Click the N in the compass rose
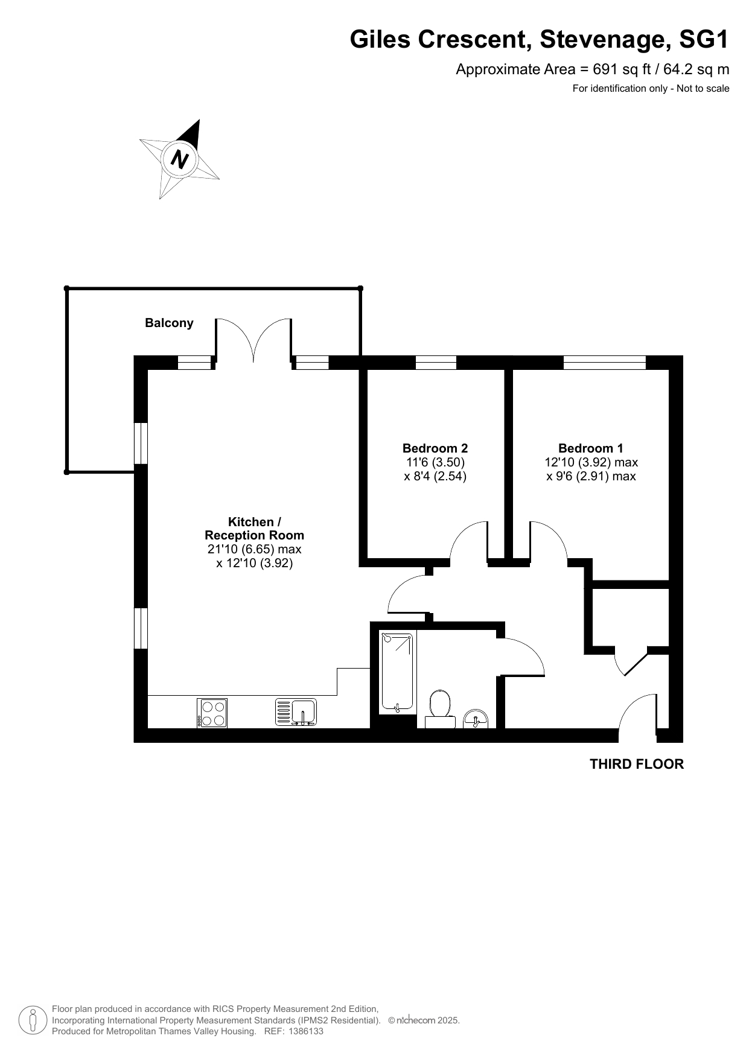pos(180,159)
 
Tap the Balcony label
pos(169,323)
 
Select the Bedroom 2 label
pos(435,448)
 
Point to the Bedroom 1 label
pos(591,448)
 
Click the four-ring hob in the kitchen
pos(212,713)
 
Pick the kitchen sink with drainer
pos(296,712)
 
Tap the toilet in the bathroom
pos(440,708)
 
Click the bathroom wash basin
pos(476,719)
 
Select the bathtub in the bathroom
pos(398,672)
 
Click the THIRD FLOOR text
pos(637,765)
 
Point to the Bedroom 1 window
pos(605,363)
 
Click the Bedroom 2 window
pos(436,363)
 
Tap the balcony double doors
pos(254,340)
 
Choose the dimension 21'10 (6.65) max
pos(254,550)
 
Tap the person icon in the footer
pos(33,1020)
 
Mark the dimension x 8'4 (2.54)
pos(435,476)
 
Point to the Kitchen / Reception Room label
pos(254,529)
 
